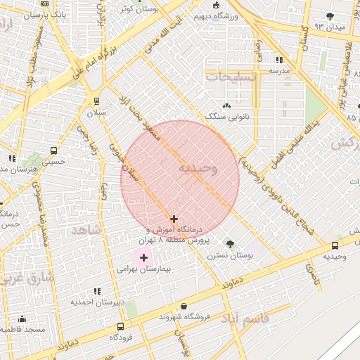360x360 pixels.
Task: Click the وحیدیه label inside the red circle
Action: (x=198, y=169)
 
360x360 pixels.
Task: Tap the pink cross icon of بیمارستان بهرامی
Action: (x=143, y=258)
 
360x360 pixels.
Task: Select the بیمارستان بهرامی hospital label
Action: (x=139, y=269)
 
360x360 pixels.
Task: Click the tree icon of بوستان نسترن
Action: (x=229, y=243)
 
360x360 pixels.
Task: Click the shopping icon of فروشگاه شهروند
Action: (x=184, y=307)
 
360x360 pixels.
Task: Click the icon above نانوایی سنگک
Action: (x=227, y=105)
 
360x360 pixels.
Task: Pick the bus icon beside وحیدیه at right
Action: (x=335, y=245)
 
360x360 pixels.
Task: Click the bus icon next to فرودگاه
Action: (x=121, y=327)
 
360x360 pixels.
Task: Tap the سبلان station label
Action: (x=96, y=112)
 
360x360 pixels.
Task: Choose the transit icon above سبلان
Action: (x=96, y=101)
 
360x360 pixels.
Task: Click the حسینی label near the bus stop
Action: (x=54, y=162)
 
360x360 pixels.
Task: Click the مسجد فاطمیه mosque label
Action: (x=22, y=329)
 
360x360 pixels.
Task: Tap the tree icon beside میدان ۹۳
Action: (x=330, y=15)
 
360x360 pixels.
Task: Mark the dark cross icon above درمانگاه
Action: (x=174, y=219)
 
